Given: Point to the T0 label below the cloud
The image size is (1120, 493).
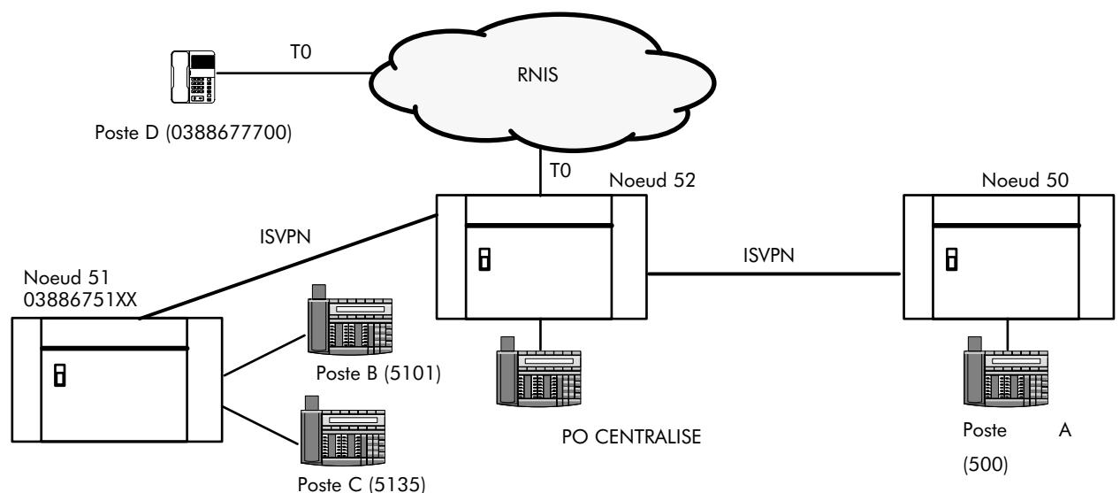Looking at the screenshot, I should tap(560, 173).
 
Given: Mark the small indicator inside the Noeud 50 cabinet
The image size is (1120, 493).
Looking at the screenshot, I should tap(951, 258).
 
